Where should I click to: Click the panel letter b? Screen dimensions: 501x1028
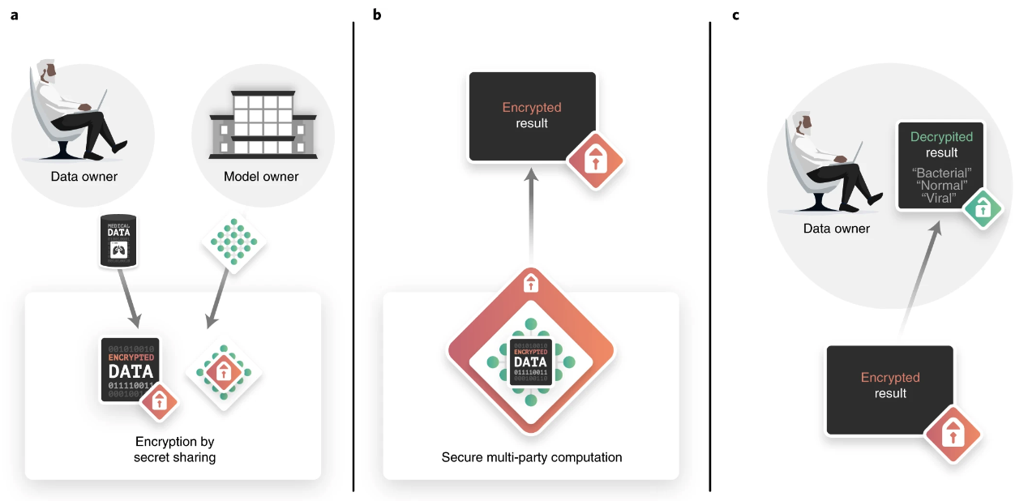point(376,15)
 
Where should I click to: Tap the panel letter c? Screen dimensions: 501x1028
point(735,15)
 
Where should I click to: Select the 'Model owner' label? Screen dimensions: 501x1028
point(261,177)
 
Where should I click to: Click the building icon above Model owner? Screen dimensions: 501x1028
point(262,122)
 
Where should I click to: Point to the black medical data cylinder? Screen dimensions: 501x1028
point(118,242)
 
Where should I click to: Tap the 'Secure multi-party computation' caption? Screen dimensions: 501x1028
point(532,457)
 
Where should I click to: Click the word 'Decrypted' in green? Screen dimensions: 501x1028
point(941,137)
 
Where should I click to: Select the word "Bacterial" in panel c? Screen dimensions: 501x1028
point(941,173)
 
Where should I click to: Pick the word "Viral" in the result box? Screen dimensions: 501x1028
point(940,198)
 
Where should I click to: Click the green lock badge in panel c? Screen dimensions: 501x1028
point(983,209)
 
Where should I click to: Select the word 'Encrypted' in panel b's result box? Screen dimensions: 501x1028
point(532,107)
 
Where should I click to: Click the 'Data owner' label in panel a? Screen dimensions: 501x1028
point(84,177)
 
